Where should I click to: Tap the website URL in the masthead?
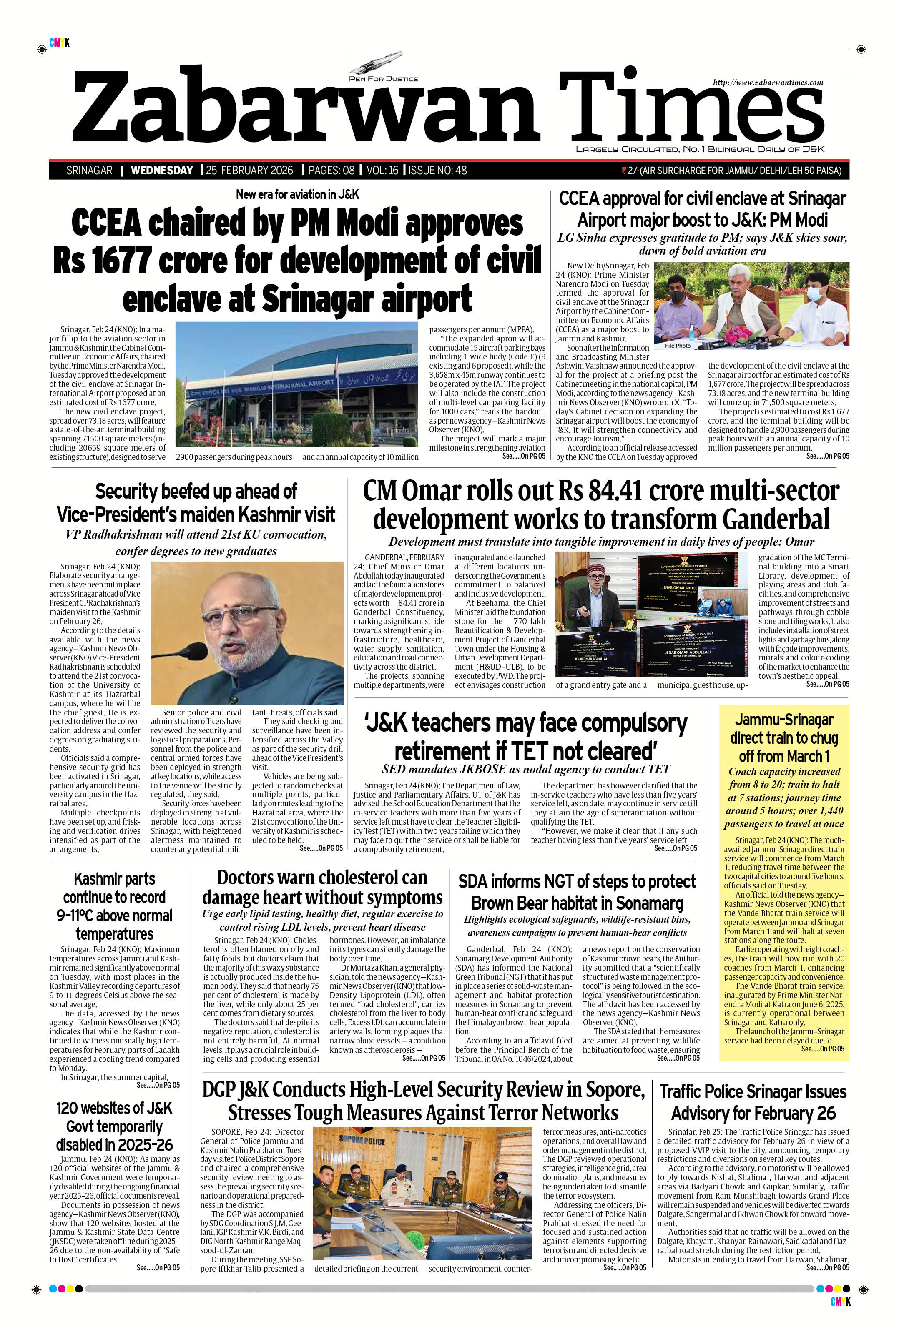768,83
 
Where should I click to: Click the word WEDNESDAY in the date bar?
162,170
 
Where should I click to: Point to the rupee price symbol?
624,170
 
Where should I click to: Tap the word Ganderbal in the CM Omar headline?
775,518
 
